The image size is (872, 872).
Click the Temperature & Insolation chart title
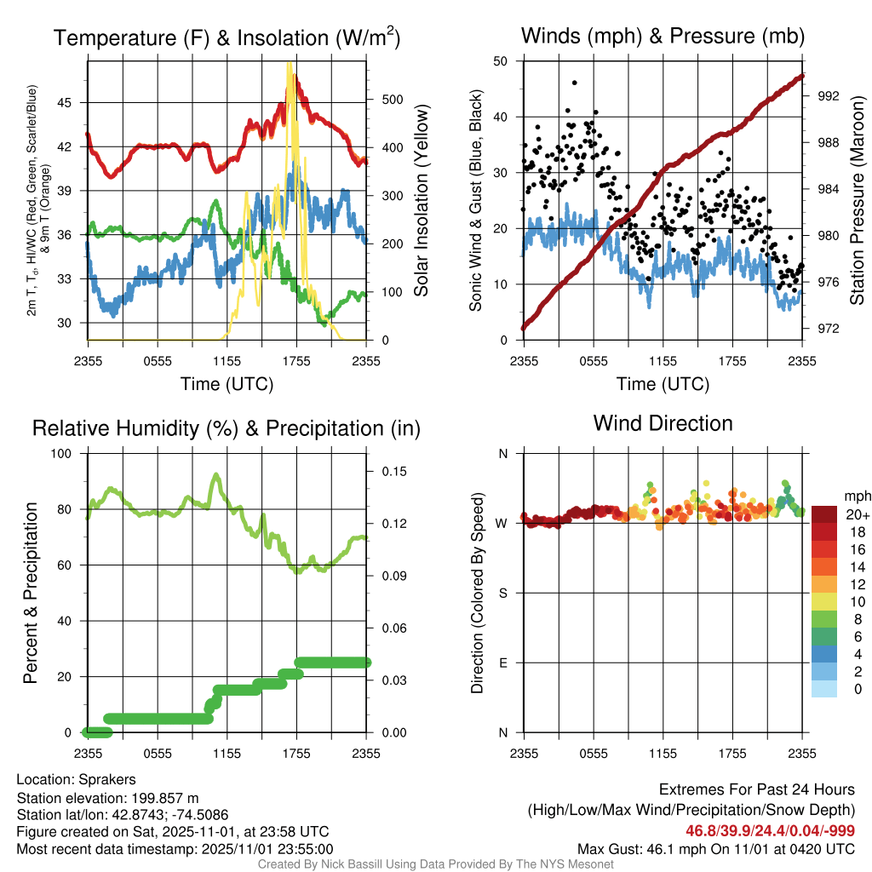pos(227,37)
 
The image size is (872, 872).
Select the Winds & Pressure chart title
pos(663,36)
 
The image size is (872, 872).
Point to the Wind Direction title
pos(663,423)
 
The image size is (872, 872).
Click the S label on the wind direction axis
pos(503,593)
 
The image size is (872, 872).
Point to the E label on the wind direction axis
pos(503,663)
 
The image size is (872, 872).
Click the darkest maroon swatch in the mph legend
pos(823,513)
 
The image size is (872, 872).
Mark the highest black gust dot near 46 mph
pos(575,83)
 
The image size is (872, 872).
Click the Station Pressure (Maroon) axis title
pos(858,200)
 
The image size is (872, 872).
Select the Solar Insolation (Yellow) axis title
pos(421,200)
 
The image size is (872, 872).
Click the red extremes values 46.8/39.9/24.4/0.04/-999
pos(770,830)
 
